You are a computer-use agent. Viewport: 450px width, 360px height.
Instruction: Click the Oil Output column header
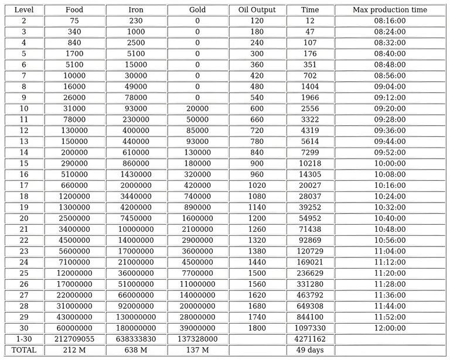coord(256,10)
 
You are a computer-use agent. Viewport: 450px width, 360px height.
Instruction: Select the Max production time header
coord(390,10)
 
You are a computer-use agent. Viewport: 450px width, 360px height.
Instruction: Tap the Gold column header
coord(197,10)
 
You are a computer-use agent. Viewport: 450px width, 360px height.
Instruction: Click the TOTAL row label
coord(24,350)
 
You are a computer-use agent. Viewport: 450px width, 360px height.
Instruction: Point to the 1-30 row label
coord(24,339)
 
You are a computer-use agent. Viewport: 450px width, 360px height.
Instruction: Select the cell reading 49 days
coord(310,350)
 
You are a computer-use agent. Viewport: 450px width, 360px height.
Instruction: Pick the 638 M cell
coord(136,350)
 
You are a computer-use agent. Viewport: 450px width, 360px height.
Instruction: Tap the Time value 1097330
coord(310,328)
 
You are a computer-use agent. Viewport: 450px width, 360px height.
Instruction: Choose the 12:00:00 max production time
coord(390,328)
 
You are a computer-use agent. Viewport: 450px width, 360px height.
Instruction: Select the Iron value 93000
coord(136,108)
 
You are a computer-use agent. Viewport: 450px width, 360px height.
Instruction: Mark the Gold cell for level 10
coord(197,108)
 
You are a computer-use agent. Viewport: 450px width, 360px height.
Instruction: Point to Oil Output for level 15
coord(256,163)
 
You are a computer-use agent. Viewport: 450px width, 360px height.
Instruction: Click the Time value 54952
coord(310,218)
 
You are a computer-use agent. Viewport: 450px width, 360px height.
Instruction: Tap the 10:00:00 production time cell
coord(390,163)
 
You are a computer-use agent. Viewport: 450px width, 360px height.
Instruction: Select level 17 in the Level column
coord(24,186)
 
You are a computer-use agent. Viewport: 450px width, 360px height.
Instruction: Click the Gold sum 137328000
coord(197,339)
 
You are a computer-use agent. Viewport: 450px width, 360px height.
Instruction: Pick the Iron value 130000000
coord(136,317)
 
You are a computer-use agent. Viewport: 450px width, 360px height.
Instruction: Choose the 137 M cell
coord(197,350)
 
